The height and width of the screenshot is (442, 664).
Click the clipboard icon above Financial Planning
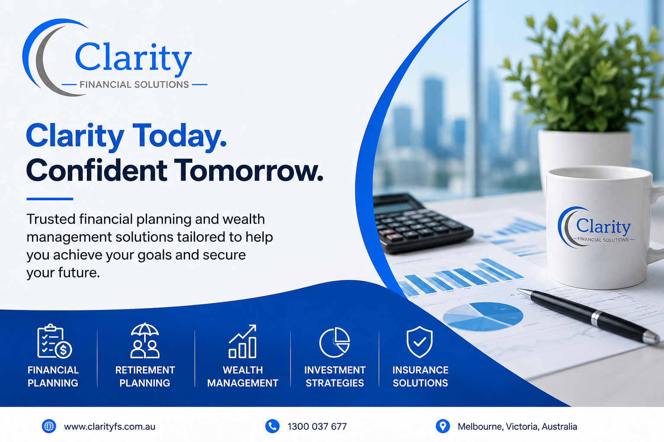(x=54, y=341)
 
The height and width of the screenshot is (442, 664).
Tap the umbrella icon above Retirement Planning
(x=145, y=341)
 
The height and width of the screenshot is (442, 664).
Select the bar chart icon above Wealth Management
(x=243, y=341)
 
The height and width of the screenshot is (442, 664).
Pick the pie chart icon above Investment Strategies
(x=334, y=342)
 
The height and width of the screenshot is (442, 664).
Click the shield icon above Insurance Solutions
(x=419, y=341)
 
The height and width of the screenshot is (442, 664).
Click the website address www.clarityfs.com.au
(x=109, y=426)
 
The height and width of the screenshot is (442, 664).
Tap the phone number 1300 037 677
(x=317, y=426)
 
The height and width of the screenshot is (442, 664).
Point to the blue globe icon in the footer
(x=49, y=426)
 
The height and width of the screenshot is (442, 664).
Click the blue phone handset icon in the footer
(x=272, y=426)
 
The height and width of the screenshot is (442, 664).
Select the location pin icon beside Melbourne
(x=443, y=426)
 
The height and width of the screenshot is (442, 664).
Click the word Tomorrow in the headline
(x=248, y=170)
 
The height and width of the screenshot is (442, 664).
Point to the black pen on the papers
(x=588, y=314)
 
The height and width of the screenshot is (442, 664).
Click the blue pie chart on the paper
(x=483, y=316)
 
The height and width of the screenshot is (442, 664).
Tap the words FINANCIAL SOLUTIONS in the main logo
(x=134, y=85)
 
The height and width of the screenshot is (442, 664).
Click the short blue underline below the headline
(x=50, y=199)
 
